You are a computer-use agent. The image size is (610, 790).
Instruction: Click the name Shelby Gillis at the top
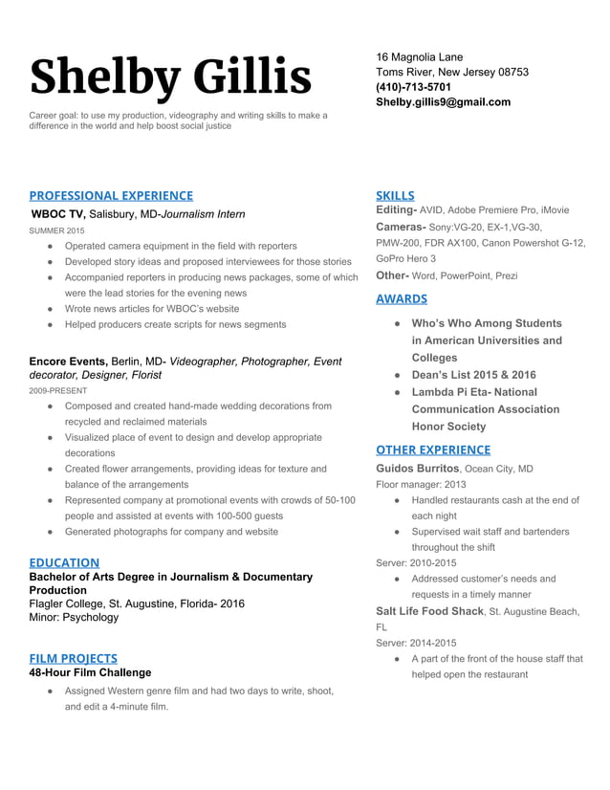pos(170,77)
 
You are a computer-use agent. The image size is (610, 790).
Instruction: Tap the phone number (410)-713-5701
pos(413,87)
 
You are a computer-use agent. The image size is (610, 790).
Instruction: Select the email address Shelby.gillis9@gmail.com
pos(443,102)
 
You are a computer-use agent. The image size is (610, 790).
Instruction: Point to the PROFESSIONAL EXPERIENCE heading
pos(111,195)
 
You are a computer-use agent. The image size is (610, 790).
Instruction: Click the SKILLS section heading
pos(395,195)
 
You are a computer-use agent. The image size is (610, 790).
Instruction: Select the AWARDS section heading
pos(402,299)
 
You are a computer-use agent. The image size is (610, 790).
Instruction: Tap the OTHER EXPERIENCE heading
pos(433,450)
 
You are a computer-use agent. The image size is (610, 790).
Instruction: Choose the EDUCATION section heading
pos(64,562)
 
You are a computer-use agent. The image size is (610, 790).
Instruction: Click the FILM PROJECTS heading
pos(74,658)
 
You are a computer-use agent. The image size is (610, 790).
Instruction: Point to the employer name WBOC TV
pos(59,214)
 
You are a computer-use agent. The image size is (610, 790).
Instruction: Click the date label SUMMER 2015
pos(56,231)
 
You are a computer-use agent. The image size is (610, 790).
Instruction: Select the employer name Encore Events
pos(68,362)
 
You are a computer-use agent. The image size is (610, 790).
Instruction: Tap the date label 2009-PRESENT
pos(58,391)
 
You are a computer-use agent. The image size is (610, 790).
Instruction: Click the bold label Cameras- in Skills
pos(401,227)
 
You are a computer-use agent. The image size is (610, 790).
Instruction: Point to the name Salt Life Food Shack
pos(429,611)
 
